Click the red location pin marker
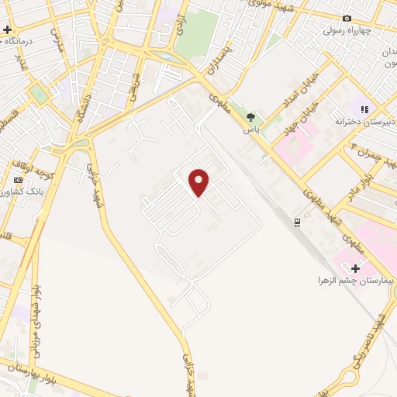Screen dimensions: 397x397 pos(200,181)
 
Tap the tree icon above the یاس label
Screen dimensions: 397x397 pos(250,118)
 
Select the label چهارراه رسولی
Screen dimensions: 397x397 pos(348,32)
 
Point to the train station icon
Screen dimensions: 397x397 pos(297,223)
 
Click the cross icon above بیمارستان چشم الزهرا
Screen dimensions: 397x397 pos(355,268)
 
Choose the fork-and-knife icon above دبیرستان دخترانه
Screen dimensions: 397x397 pos(364,109)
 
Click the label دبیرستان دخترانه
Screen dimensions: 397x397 pos(361,122)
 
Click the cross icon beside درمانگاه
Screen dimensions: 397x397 pos(7,29)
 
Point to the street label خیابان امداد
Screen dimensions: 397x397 pos(309,102)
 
